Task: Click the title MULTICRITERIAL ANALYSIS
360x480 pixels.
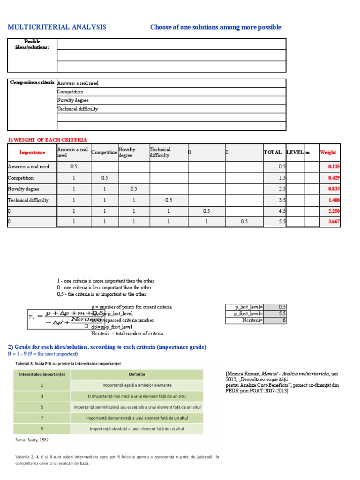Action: pyautogui.click(x=57, y=27)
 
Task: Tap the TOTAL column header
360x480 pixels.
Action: pyautogui.click(x=272, y=152)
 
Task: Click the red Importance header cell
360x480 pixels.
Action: pyautogui.click(x=32, y=152)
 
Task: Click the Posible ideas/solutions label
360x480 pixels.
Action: pyautogui.click(x=32, y=45)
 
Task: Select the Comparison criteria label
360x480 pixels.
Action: pyautogui.click(x=32, y=82)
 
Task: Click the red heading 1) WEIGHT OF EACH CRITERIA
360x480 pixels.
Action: pyautogui.click(x=47, y=140)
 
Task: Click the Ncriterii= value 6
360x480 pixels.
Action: pyautogui.click(x=282, y=320)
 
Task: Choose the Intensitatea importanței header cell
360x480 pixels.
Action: pyautogui.click(x=41, y=374)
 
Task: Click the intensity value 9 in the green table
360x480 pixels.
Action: pyautogui.click(x=41, y=428)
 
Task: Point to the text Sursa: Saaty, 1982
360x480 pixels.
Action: pyautogui.click(x=32, y=440)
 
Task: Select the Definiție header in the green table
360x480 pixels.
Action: pyautogui.click(x=137, y=374)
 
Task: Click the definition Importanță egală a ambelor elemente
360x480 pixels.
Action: pyautogui.click(x=137, y=385)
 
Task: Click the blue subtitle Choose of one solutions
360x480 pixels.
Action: pyautogui.click(x=216, y=27)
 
